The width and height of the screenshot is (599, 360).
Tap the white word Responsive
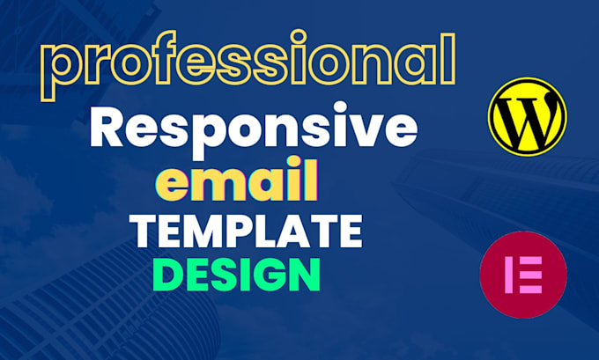pos(252,129)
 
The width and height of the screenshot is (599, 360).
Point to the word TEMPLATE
pos(245,232)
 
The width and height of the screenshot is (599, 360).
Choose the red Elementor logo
pos(522,276)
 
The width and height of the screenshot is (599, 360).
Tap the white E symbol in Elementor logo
pos(523,276)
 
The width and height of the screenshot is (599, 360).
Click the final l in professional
pos(448,60)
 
